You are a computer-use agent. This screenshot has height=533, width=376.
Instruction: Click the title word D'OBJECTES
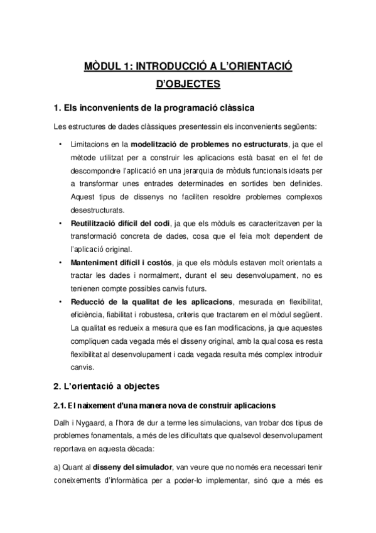point(188,83)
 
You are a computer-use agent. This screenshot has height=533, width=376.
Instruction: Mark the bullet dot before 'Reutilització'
point(59,223)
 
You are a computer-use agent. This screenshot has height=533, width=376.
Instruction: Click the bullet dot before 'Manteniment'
point(59,261)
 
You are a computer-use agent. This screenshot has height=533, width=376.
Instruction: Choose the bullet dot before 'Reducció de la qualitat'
point(59,301)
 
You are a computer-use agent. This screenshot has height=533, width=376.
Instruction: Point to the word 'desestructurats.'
point(99,210)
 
